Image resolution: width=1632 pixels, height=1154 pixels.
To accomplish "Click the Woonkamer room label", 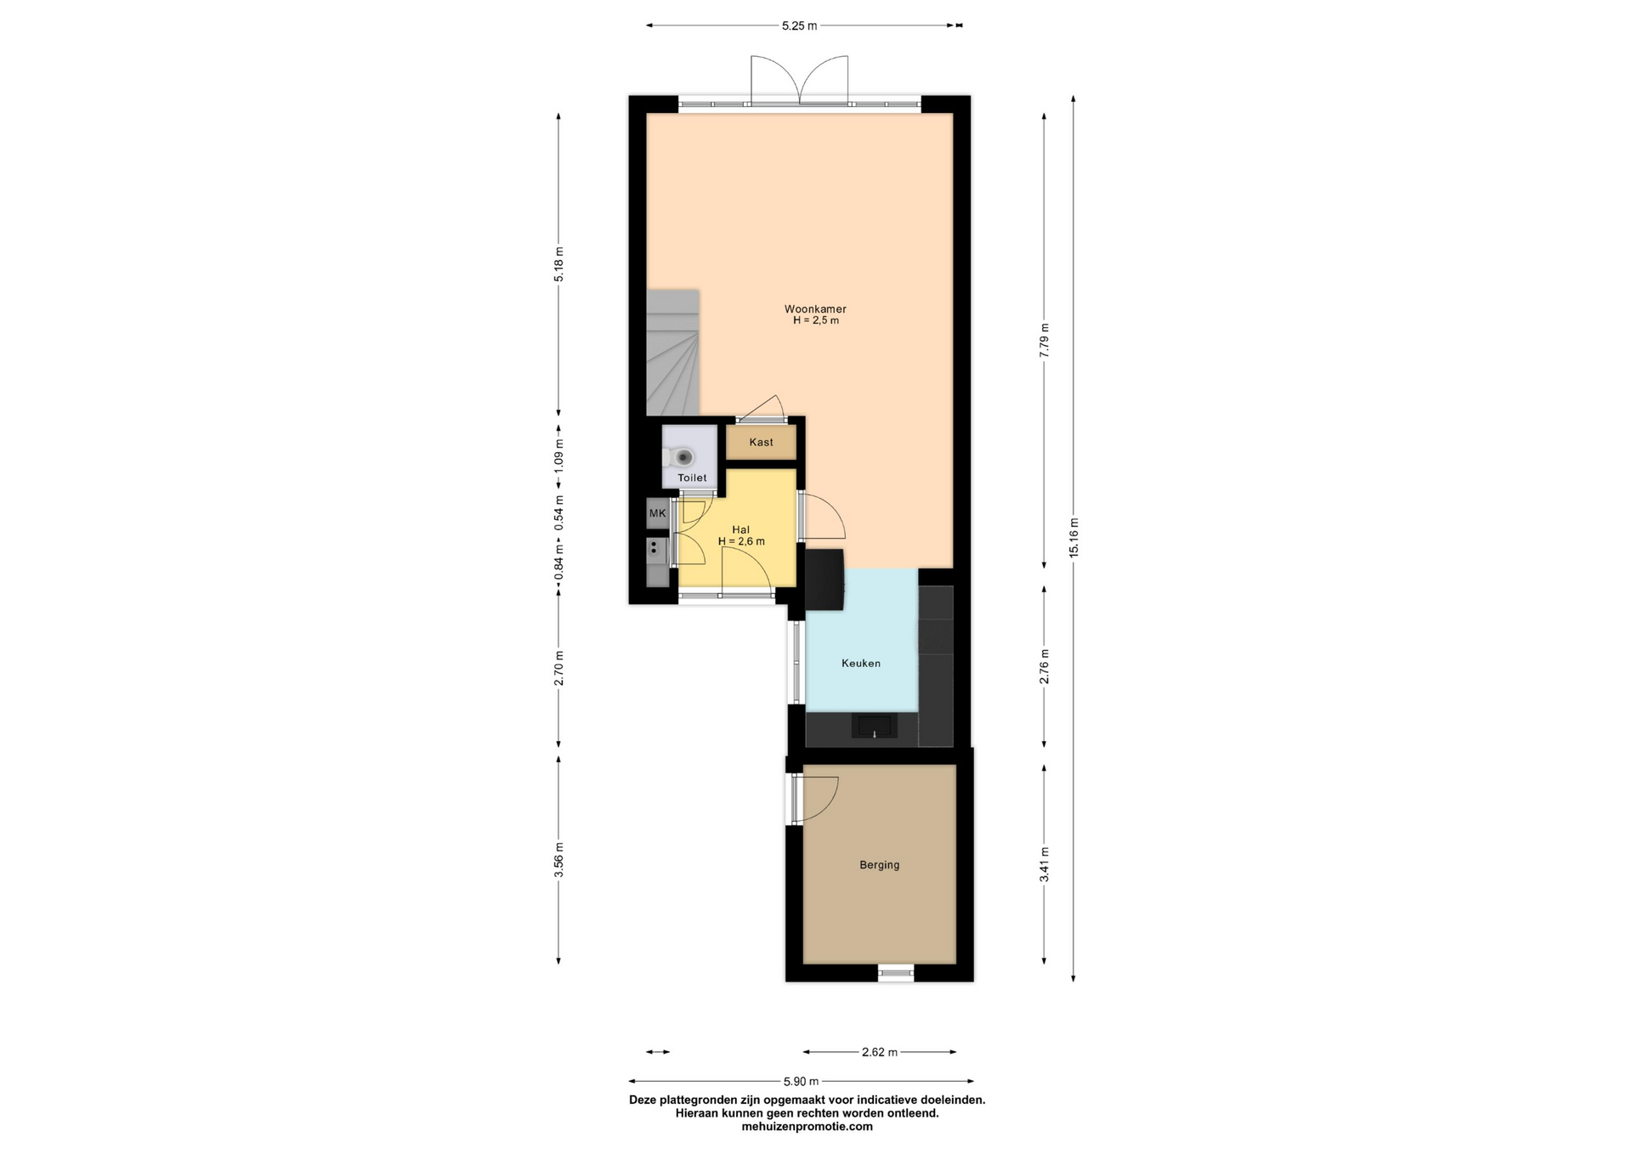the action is [x=815, y=309].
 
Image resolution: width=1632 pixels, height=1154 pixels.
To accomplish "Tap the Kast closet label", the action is [x=762, y=442].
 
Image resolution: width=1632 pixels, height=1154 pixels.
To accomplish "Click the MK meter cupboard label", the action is [x=657, y=513].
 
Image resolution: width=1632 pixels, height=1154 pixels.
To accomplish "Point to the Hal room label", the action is [x=740, y=529].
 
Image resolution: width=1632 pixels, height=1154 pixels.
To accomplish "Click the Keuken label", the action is [x=861, y=663].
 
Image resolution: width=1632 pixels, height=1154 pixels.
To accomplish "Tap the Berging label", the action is [x=879, y=865].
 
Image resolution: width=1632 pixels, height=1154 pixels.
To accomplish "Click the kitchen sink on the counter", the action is [x=875, y=726].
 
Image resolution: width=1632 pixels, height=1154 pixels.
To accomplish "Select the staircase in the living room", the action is [x=672, y=353].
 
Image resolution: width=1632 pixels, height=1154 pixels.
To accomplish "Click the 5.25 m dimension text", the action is [x=799, y=26].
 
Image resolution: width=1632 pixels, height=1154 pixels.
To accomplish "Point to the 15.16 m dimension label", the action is [x=1074, y=538].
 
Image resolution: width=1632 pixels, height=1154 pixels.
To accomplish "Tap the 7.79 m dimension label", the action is [x=1045, y=340].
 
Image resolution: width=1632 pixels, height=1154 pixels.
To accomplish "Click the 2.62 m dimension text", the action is [x=880, y=1052].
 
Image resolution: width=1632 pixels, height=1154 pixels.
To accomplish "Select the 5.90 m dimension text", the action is [x=801, y=1082].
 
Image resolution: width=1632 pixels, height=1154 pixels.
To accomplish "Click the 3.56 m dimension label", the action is [x=558, y=859].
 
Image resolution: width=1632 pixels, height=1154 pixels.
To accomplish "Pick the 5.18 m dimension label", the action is [x=558, y=263].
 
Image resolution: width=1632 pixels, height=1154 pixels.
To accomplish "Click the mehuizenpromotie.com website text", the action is [x=807, y=1127].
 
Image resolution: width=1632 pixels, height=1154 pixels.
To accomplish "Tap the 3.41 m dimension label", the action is [x=1045, y=864].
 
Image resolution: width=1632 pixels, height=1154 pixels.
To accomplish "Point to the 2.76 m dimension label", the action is [x=1045, y=666].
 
